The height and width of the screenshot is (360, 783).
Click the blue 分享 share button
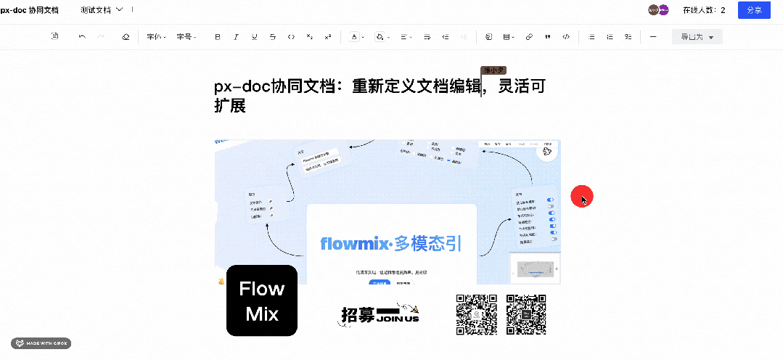tap(754, 10)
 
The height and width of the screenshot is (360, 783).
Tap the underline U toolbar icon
tap(254, 36)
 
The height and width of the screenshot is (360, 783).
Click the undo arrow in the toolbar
tap(82, 36)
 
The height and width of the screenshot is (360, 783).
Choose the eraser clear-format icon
tap(125, 36)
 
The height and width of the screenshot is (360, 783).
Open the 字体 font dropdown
tap(156, 36)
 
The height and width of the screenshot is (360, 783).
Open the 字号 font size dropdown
tap(186, 36)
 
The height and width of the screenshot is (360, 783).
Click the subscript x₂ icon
tap(310, 36)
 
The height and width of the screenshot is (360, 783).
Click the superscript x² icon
tap(328, 36)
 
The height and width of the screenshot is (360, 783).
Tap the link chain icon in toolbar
tap(529, 36)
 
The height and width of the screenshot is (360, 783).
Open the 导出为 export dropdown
tap(697, 37)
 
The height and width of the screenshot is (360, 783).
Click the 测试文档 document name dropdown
tap(102, 10)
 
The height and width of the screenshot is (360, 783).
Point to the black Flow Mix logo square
tap(262, 300)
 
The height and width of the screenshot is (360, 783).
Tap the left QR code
tap(476, 315)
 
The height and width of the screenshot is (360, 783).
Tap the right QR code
tap(526, 315)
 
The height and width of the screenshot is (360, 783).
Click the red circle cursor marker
tap(582, 196)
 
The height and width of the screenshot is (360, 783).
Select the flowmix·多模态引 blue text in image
tap(391, 243)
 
